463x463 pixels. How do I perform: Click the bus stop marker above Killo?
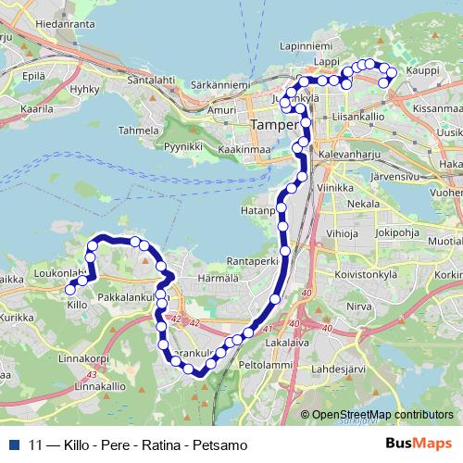[69, 290]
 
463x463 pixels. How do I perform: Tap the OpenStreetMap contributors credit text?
[383, 415]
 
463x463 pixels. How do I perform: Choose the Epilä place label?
[34, 75]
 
